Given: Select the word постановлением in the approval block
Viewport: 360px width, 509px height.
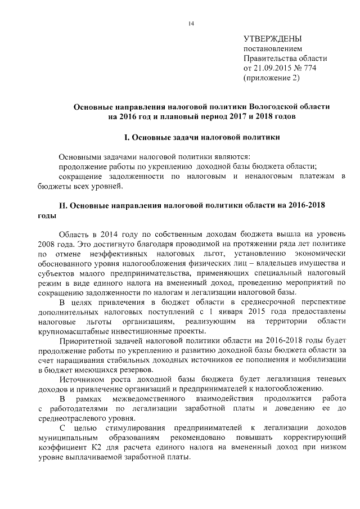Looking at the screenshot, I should click(269, 49).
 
